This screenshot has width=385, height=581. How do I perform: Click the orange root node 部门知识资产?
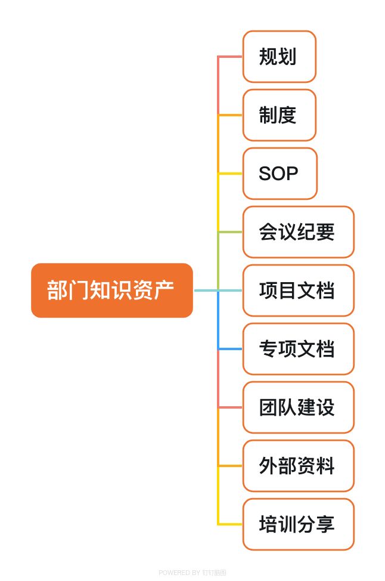[x=112, y=290]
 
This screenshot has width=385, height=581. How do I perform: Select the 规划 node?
[x=279, y=57]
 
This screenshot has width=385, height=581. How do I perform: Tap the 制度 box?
[x=279, y=115]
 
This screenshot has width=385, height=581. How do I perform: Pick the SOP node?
[x=280, y=174]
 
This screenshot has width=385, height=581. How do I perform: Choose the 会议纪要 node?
[x=299, y=232]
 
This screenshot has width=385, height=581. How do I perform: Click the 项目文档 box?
[x=299, y=290]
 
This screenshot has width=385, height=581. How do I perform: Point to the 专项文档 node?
[x=299, y=349]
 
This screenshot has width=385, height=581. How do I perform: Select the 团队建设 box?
[x=299, y=407]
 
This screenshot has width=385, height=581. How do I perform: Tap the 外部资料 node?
[x=299, y=466]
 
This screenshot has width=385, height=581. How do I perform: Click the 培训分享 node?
[x=299, y=524]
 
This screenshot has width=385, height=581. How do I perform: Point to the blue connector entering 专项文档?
[x=230, y=349]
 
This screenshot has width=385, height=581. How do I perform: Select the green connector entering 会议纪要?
[x=230, y=232]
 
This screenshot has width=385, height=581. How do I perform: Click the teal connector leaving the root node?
[x=206, y=290]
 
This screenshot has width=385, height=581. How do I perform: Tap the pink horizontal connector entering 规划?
[x=230, y=57]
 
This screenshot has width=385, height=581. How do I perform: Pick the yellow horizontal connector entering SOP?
[x=230, y=174]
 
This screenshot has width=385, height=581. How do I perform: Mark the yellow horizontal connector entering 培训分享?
[x=230, y=524]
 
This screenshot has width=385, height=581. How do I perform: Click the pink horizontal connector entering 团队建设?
[x=230, y=407]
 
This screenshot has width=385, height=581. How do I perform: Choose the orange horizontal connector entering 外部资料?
[x=230, y=466]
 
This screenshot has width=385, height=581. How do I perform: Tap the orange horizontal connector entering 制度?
[x=230, y=115]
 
